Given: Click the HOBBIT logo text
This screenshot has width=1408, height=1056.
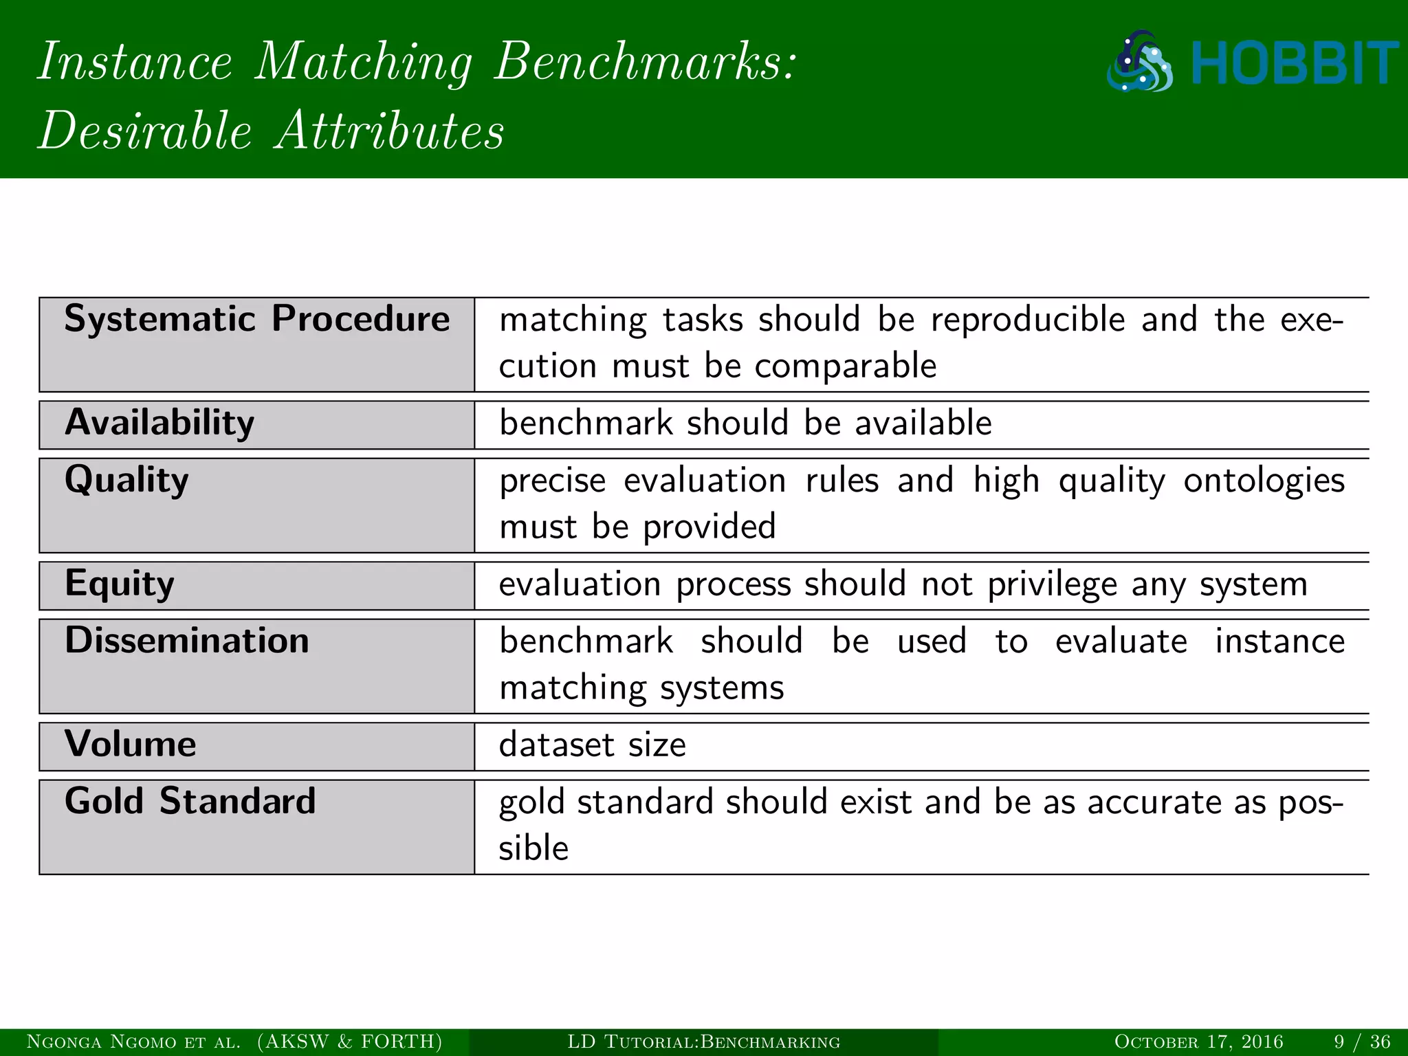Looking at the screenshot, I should [1294, 63].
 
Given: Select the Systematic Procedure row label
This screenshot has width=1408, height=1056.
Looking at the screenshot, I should [256, 319].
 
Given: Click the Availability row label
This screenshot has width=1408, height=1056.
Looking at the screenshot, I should [159, 423].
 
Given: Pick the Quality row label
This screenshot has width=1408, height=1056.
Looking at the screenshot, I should [126, 480].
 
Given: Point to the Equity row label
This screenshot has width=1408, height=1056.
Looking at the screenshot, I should [120, 584].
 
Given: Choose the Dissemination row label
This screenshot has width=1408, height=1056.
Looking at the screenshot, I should [187, 641].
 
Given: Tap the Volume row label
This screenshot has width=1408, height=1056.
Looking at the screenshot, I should [131, 744].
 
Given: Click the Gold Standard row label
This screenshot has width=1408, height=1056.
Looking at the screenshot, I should [190, 801].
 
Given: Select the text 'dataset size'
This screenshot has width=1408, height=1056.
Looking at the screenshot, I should [592, 745].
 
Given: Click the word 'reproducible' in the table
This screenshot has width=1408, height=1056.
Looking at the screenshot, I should [1028, 320].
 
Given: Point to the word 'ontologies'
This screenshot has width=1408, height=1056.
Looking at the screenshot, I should [1264, 481].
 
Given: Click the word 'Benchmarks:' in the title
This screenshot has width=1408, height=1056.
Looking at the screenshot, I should [645, 62].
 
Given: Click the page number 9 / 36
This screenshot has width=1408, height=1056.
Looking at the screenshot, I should [1362, 1042].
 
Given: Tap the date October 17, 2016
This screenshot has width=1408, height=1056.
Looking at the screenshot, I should [1198, 1042].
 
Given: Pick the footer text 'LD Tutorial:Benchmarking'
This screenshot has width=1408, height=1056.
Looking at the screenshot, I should [703, 1042].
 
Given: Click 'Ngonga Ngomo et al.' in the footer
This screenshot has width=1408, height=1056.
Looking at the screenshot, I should [133, 1042].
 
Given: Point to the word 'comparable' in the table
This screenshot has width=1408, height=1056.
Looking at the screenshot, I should [845, 366].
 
